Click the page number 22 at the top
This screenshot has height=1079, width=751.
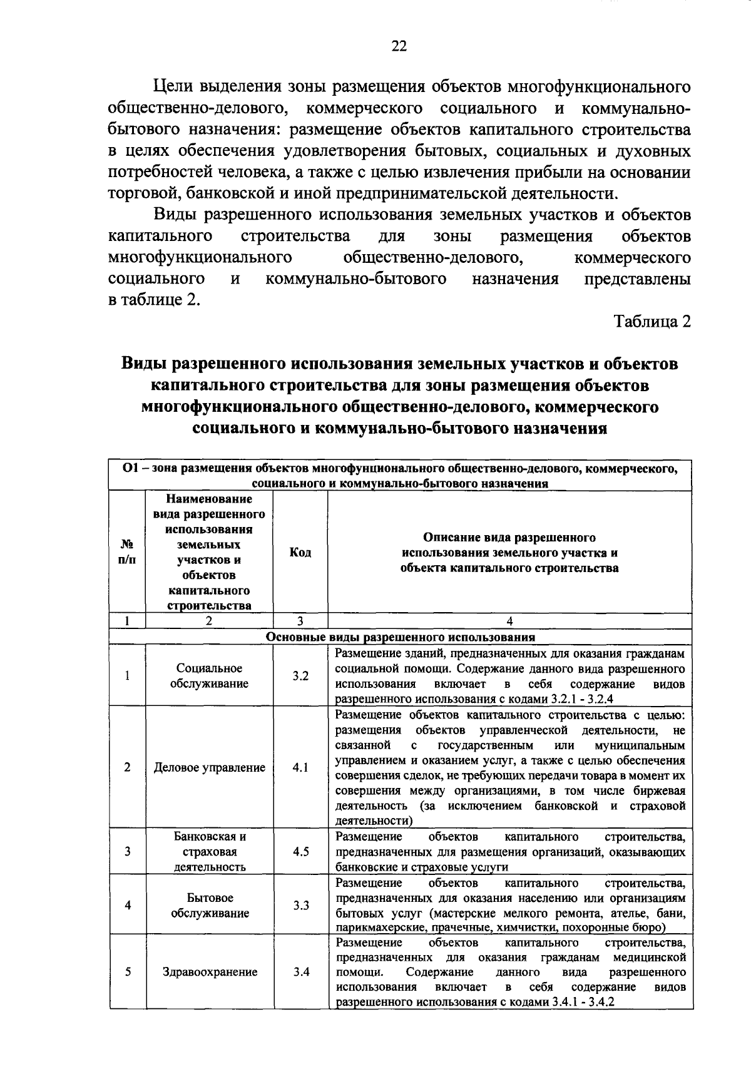399,46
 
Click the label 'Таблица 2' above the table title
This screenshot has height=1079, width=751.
652,322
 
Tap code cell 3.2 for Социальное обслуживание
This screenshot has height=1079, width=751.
300,677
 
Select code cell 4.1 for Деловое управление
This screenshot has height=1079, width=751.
300,767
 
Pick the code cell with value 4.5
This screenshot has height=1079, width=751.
300,852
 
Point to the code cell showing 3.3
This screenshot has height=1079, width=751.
300,905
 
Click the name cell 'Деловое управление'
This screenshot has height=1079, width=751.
210,767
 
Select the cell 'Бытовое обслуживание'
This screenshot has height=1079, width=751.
210,905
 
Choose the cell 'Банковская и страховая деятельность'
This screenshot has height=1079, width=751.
210,852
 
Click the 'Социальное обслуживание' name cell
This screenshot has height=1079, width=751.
210,677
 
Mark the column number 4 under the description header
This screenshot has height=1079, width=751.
510,621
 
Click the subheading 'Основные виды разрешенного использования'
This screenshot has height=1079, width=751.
401,637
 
